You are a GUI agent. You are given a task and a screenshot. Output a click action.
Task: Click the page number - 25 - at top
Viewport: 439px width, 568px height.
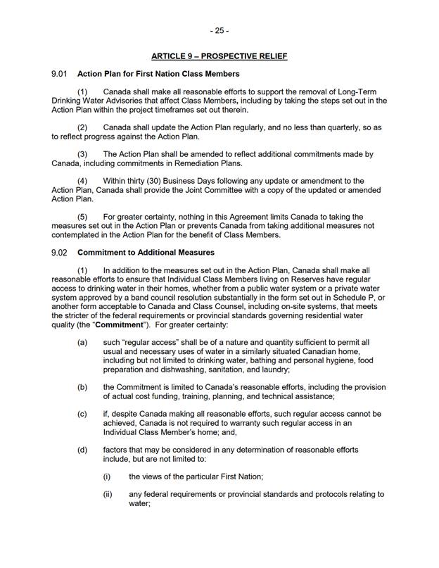pyautogui.click(x=219, y=31)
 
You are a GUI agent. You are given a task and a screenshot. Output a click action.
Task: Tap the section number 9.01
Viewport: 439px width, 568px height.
pyautogui.click(x=58, y=74)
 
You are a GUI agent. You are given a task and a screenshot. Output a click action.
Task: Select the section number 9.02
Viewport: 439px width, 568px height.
pyautogui.click(x=58, y=252)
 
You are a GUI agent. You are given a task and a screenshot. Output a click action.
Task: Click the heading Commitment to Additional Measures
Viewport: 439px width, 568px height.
pyautogui.click(x=146, y=252)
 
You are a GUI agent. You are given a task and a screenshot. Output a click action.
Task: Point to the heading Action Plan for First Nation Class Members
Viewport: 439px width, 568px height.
pyautogui.click(x=158, y=74)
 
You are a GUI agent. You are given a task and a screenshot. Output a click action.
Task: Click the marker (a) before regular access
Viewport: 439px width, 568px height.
pyautogui.click(x=83, y=341)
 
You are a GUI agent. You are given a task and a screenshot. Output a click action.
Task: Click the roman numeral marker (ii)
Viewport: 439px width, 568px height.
pyautogui.click(x=108, y=494)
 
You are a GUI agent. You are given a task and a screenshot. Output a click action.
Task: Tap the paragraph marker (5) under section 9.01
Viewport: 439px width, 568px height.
pyautogui.click(x=82, y=217)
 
